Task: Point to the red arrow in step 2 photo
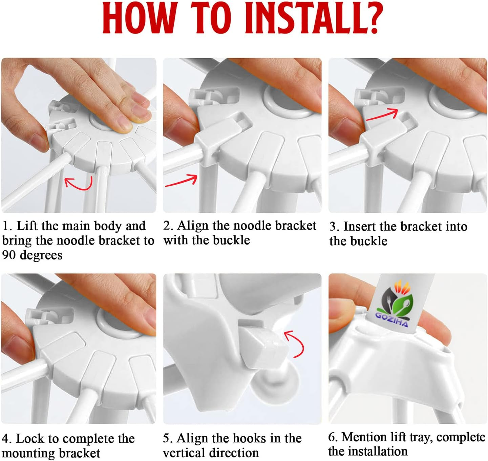181,180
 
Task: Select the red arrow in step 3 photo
382,114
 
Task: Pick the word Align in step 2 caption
193,226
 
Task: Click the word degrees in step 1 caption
41,255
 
